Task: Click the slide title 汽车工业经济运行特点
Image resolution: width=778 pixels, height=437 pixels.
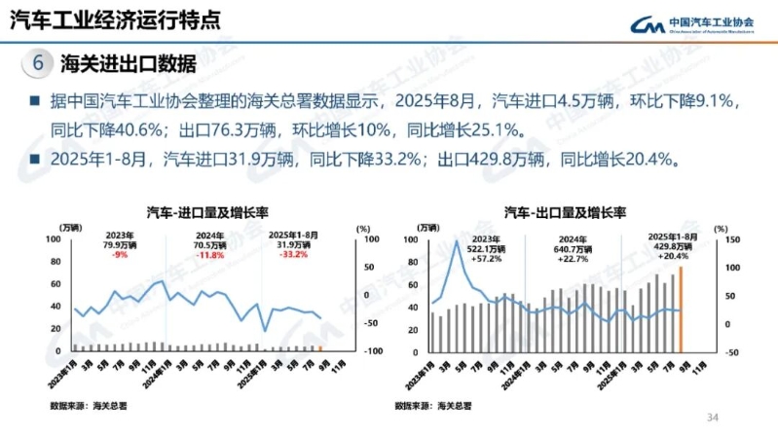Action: point(114,19)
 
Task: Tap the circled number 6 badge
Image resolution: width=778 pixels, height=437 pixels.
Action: point(38,64)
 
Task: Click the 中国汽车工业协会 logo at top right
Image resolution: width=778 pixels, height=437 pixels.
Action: point(691,24)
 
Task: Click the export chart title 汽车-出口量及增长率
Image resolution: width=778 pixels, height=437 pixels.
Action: point(565,211)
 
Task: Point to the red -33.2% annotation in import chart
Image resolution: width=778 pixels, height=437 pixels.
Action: point(293,255)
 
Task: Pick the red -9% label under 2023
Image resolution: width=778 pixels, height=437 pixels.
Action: point(120,255)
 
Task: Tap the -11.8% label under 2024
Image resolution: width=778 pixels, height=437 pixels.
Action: point(209,255)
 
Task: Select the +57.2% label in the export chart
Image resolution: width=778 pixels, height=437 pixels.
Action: point(484,259)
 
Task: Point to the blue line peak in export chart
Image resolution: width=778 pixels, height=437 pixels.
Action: point(457,240)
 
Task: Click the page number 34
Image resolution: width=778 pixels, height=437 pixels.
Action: point(712,417)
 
